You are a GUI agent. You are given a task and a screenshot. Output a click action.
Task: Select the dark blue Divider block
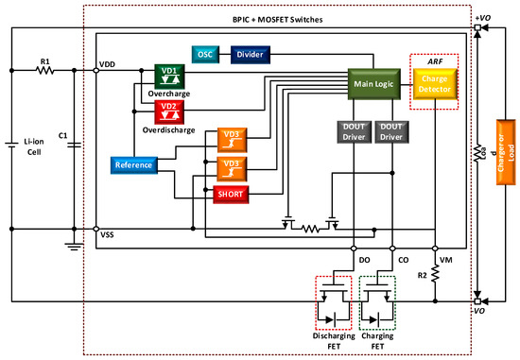tap(251, 53)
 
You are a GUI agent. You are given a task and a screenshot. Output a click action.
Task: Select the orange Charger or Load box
tap(502, 166)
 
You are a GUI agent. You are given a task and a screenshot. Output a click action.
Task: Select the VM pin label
tap(445, 258)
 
